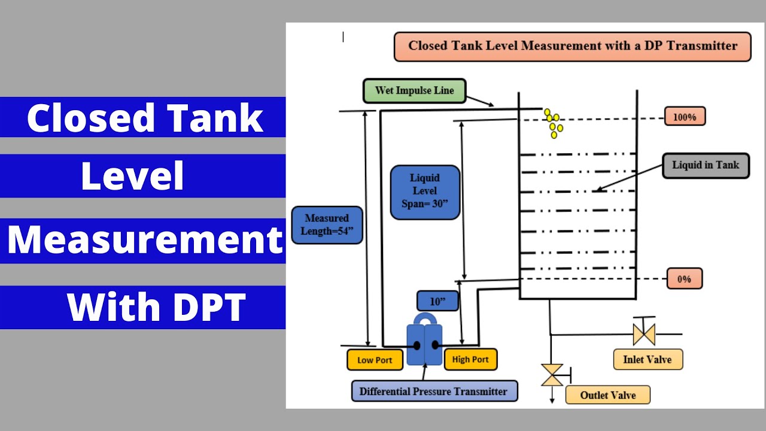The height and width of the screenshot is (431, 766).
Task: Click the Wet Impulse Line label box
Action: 414,90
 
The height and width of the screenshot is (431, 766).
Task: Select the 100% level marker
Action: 685,116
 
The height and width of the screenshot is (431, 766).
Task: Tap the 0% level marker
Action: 685,278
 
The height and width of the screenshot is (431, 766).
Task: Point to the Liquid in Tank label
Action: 706,166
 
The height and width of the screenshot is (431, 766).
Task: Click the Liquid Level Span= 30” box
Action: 425,192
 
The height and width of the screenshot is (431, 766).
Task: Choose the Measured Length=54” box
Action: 327,224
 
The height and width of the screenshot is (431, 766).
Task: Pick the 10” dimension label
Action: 437,301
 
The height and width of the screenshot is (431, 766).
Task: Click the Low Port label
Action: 375,360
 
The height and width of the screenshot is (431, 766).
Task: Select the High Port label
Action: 470,359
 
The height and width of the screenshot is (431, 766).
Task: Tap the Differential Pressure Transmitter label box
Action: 434,391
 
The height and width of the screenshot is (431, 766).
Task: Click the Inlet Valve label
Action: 648,359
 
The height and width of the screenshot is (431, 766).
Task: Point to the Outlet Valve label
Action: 607,395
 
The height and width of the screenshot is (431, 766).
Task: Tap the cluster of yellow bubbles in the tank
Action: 554,123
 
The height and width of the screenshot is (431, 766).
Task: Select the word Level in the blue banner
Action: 132,176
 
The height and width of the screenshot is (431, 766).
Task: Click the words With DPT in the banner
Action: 156,307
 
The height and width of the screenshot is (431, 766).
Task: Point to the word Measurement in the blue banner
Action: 145,239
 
